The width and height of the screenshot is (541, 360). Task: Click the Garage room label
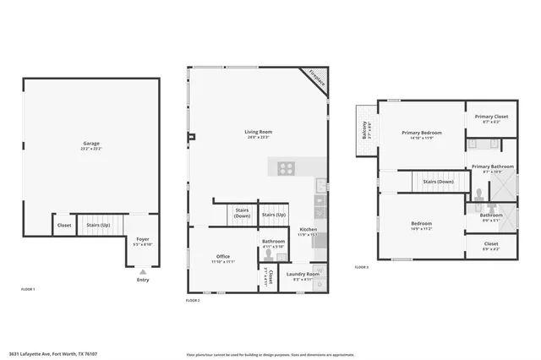pos(90,145)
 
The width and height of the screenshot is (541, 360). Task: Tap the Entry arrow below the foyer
pos(143,272)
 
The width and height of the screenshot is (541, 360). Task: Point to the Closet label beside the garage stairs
pos(64,225)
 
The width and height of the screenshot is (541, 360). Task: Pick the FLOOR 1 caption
pos(28,289)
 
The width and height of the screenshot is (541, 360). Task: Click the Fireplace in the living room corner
pos(316,79)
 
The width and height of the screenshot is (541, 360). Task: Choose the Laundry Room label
pos(302,275)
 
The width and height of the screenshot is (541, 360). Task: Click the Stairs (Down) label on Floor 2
pos(242,214)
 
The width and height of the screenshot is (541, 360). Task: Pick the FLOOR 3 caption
pos(361,267)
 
